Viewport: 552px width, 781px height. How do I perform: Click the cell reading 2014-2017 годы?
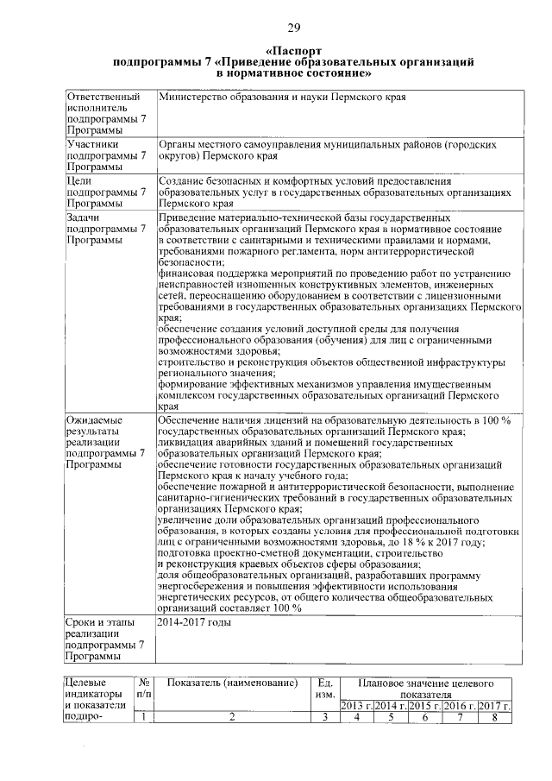coord(194,622)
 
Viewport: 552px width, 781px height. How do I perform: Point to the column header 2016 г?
coord(460,706)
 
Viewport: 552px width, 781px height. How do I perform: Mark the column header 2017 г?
coord(494,706)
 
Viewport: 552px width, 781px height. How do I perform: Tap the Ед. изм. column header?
coord(325,689)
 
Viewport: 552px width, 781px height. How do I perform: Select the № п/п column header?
coord(145,689)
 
